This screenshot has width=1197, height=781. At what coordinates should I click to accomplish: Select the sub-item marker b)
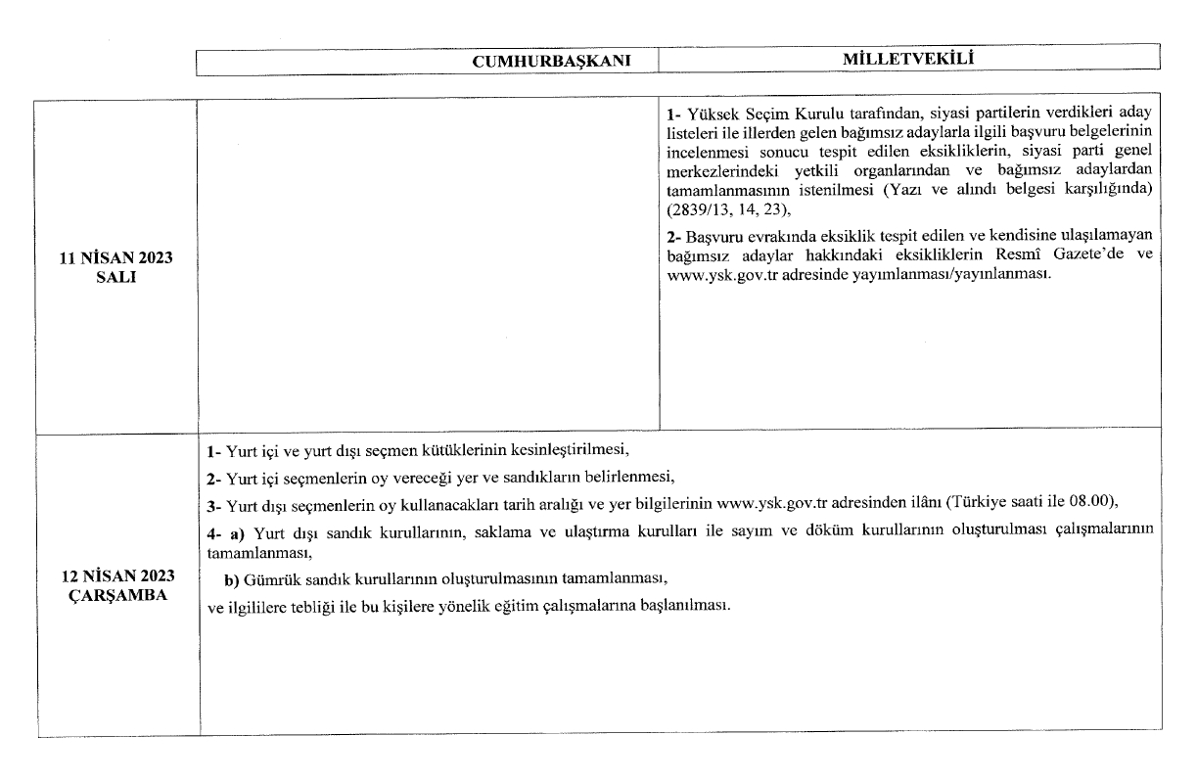(x=233, y=577)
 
